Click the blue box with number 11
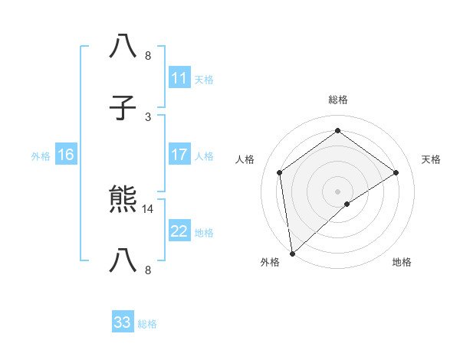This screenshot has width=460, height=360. point(179,77)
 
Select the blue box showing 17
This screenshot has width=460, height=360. point(179,155)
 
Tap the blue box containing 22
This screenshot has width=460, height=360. point(179,231)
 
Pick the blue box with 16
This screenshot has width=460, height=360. point(65,155)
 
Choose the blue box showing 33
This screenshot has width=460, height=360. point(122,322)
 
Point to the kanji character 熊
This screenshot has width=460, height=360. point(123,201)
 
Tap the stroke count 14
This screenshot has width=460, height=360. point(149,209)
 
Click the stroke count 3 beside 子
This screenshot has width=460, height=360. point(148,116)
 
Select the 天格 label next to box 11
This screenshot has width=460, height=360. point(203,79)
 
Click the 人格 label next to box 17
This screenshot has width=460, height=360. point(203,156)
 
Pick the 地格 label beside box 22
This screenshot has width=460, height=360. point(203,233)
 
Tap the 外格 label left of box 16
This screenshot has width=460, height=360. point(41,156)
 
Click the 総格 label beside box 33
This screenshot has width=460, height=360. point(147,324)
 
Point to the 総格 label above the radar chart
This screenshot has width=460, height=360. point(337,100)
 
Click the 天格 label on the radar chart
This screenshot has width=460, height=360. point(431,159)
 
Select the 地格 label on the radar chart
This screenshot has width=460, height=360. point(402,262)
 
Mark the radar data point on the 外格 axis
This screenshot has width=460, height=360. point(292,254)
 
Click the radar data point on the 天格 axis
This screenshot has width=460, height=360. point(396,172)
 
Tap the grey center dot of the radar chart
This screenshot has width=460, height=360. point(337,191)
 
